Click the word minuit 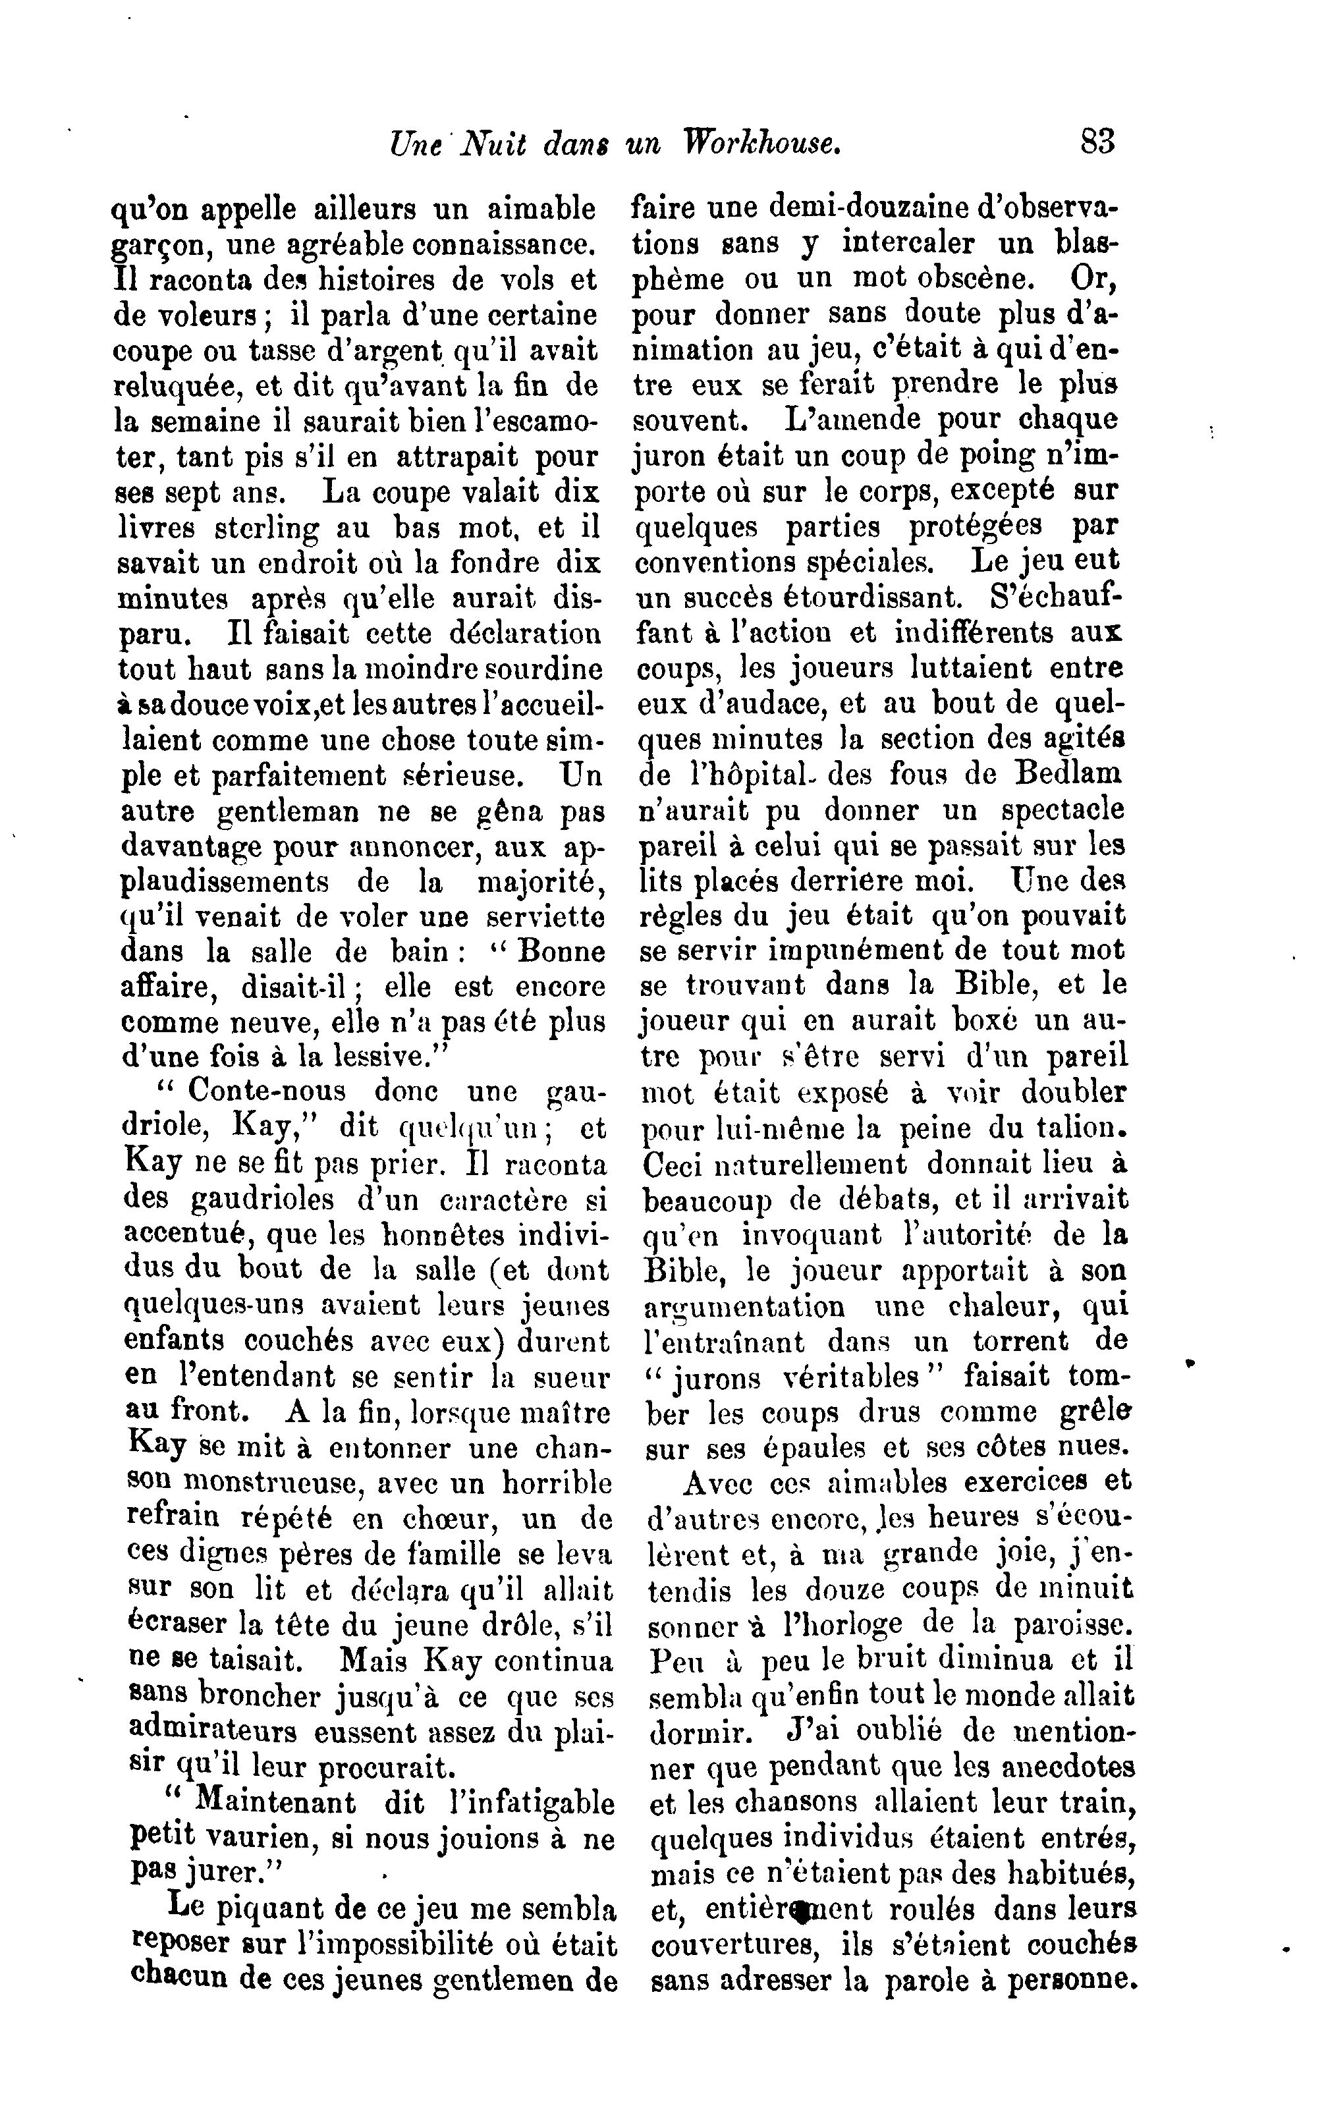point(1088,1588)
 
